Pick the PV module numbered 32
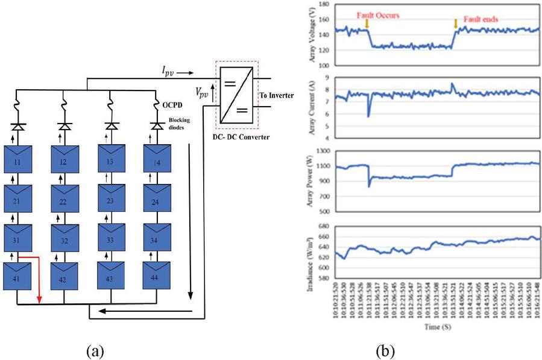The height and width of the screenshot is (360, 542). click(x=65, y=239)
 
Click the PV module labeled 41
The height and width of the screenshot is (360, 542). click(x=18, y=277)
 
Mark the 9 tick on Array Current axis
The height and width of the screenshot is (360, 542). click(x=330, y=78)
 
